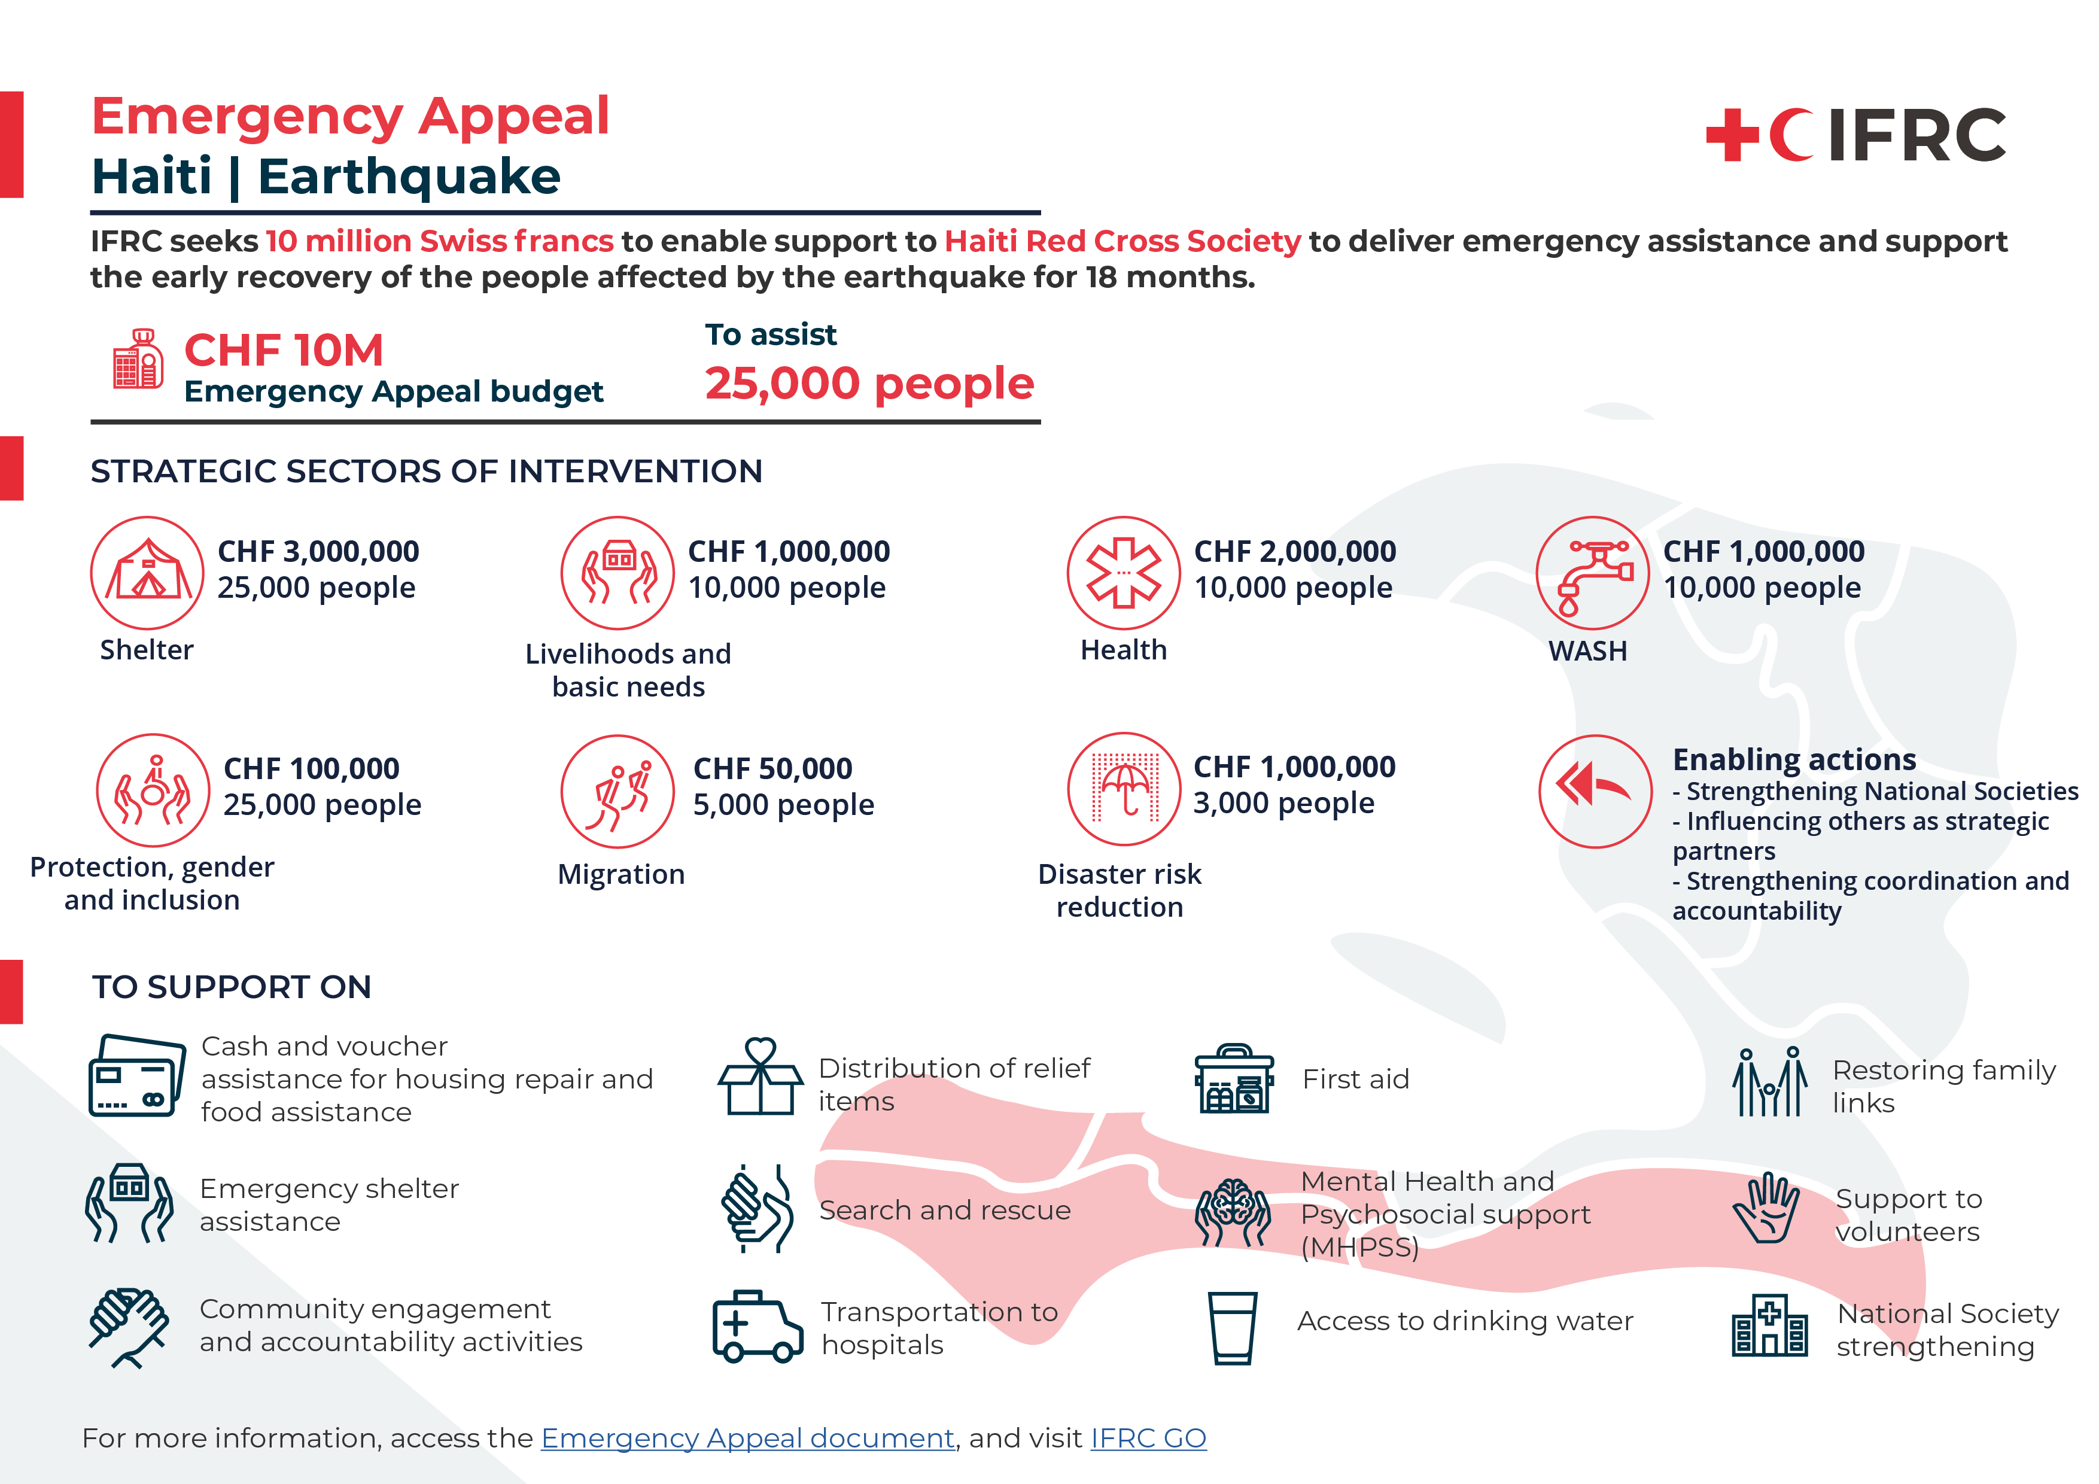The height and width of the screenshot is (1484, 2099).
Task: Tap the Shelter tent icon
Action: (147, 573)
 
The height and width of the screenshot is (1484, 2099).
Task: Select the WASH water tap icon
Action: (1593, 573)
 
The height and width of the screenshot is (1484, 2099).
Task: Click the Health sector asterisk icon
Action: (1124, 573)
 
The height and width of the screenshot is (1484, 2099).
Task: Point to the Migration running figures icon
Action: (618, 792)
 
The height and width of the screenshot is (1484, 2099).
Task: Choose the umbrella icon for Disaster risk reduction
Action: (1124, 789)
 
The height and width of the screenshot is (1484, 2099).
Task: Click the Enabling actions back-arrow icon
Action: (1595, 791)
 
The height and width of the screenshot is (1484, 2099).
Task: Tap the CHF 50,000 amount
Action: (772, 769)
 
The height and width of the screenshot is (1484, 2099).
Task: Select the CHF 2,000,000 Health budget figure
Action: (1294, 551)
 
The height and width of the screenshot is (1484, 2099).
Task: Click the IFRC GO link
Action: (1148, 1439)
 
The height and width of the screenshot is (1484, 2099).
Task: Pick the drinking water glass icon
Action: (1233, 1328)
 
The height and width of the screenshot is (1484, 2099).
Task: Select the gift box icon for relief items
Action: (760, 1077)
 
